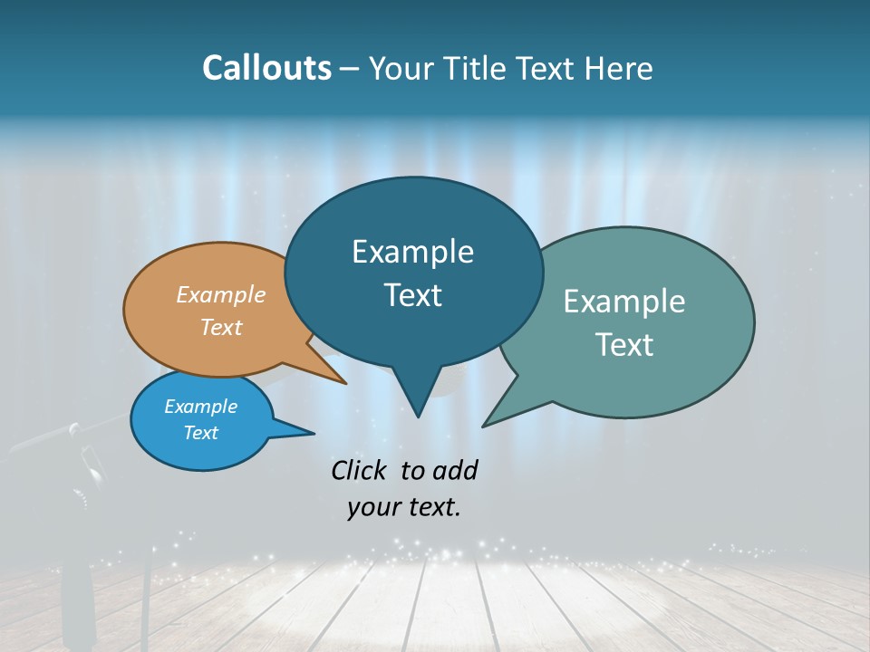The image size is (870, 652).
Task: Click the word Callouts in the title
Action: pyautogui.click(x=266, y=68)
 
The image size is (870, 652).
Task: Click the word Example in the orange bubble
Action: pyautogui.click(x=220, y=294)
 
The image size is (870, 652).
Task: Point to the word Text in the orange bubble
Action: pyautogui.click(x=220, y=327)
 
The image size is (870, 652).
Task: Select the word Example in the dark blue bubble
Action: pyautogui.click(x=412, y=252)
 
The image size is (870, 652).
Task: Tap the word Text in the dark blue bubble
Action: pyautogui.click(x=412, y=295)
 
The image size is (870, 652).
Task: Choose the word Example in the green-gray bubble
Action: pyautogui.click(x=624, y=302)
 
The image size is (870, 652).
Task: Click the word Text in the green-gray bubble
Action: pyautogui.click(x=624, y=345)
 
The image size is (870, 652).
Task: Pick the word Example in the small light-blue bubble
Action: pyautogui.click(x=200, y=407)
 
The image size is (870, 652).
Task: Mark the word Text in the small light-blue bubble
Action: pyautogui.click(x=200, y=433)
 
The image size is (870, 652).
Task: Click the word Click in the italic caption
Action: pyautogui.click(x=358, y=470)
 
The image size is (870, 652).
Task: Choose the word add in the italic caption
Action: pyautogui.click(x=455, y=470)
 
